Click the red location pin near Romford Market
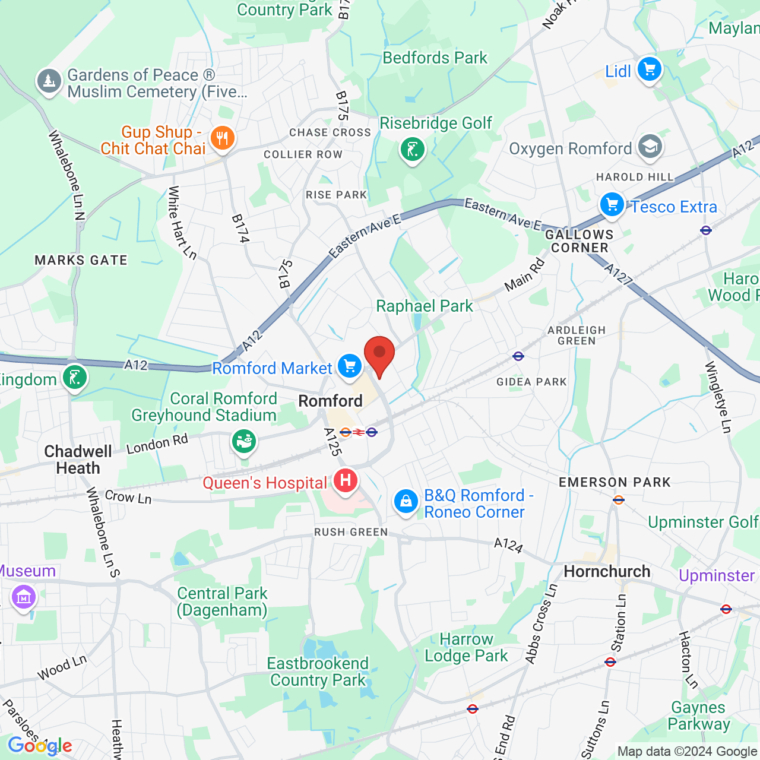379,354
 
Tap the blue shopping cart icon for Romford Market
350,366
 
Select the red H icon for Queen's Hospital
346,480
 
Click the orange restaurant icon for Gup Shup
223,139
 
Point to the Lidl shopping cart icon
649,69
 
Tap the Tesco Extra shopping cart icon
612,205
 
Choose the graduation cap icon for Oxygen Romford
650,147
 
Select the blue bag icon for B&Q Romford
406,502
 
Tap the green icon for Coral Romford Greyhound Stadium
243,442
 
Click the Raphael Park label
425,306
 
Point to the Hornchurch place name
607,571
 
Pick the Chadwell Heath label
78,460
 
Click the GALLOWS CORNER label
579,241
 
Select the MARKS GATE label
81,260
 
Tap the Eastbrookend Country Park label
318,672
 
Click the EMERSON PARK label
615,482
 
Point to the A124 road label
508,544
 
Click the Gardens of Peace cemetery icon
49,81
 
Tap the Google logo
40,745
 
